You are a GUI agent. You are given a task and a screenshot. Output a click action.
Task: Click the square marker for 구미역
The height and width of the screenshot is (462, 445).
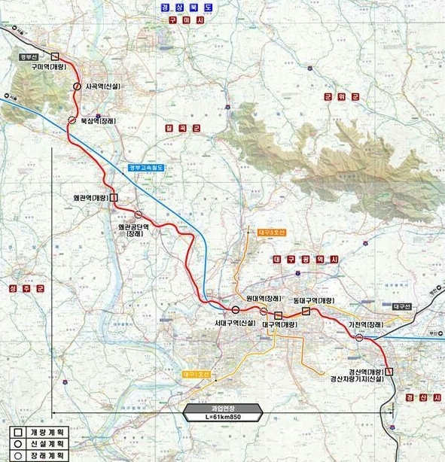click(55, 55)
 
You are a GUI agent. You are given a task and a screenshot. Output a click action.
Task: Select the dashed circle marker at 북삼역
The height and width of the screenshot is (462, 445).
click(72, 120)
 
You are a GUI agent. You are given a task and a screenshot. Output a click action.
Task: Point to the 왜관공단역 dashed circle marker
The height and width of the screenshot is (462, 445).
click(138, 214)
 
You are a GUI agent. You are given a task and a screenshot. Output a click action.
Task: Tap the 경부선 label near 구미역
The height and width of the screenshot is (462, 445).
click(29, 56)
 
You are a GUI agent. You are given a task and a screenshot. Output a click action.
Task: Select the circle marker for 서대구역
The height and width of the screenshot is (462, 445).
click(236, 309)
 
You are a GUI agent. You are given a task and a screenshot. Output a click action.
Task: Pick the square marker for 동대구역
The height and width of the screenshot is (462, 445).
click(306, 311)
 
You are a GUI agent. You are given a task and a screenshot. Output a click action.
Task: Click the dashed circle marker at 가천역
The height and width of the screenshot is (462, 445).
click(358, 338)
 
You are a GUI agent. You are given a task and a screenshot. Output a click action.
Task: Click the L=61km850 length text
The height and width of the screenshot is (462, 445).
click(224, 416)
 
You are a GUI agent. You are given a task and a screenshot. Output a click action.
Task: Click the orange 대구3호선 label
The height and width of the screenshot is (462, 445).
click(268, 233)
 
